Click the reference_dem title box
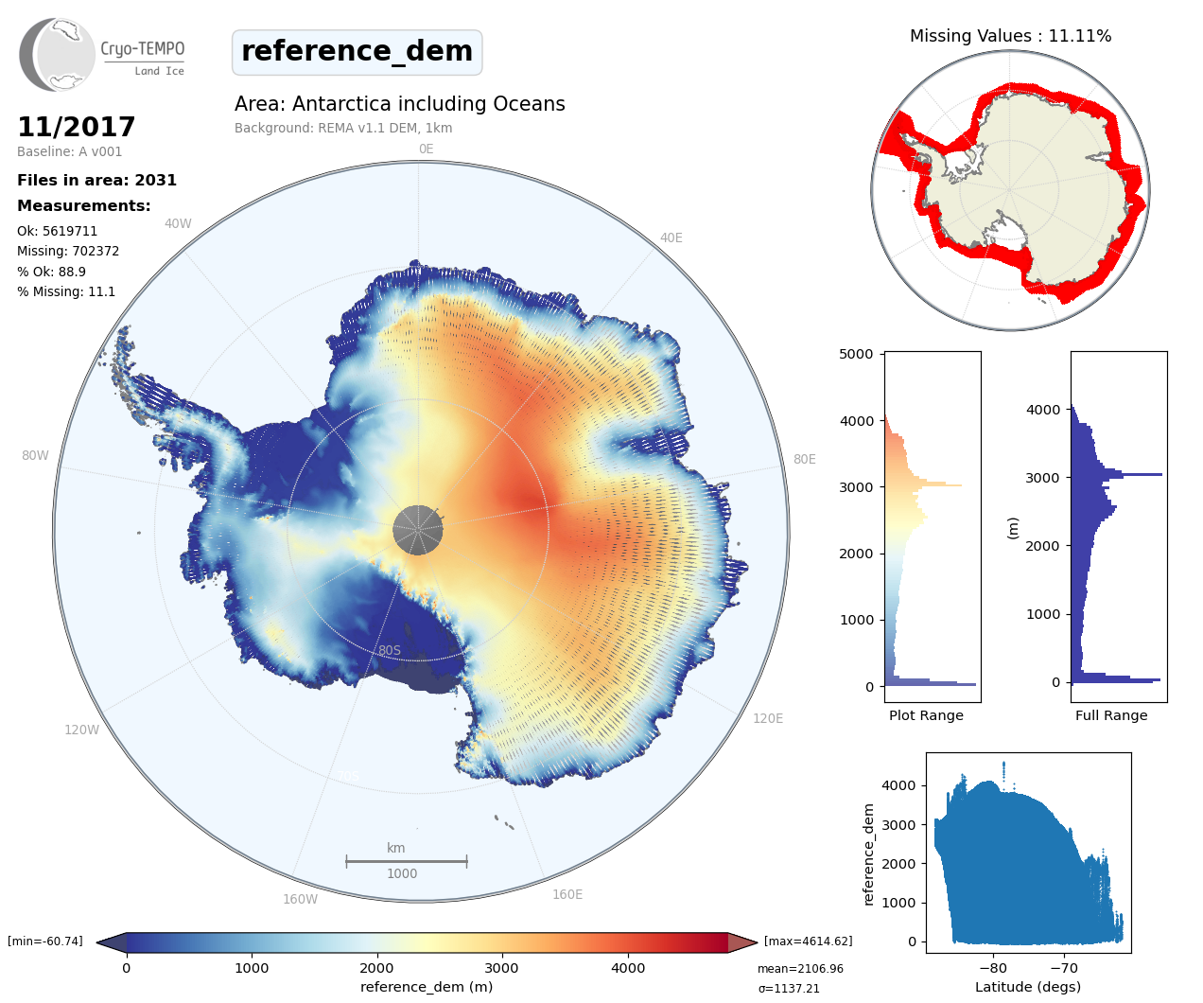[357, 52]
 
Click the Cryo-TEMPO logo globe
[59, 55]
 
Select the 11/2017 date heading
[77, 127]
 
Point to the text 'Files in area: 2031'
[96, 181]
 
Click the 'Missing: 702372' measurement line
[68, 252]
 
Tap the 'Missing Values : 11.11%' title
[1010, 36]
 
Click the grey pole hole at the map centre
[417, 530]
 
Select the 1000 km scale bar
[406, 861]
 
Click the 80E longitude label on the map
[804, 460]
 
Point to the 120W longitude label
[81, 730]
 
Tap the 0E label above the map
[426, 150]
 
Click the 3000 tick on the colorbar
[501, 968]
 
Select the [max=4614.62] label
[808, 941]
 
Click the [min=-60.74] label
[45, 941]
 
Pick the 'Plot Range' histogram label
[926, 715]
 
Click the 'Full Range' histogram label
[1111, 715]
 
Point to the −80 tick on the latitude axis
[993, 968]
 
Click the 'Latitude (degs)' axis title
[1028, 987]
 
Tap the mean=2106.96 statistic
[800, 969]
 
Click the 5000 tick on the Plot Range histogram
[856, 354]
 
